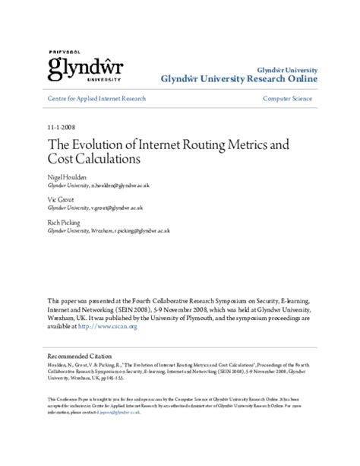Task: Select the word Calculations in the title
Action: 111,160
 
